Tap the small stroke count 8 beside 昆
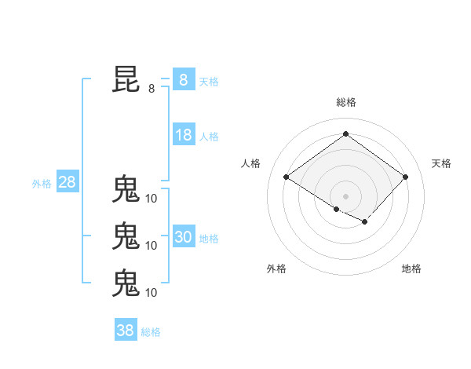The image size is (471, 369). tap(152, 89)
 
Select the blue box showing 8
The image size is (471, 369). tap(183, 80)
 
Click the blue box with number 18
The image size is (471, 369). tap(183, 135)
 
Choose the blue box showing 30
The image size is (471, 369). tap(183, 237)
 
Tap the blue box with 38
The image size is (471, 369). tap(125, 331)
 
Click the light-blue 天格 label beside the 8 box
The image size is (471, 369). tap(209, 81)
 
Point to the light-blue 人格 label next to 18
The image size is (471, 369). tap(209, 137)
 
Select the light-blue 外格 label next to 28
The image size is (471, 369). tap(42, 184)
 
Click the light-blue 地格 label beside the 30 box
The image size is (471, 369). tap(209, 239)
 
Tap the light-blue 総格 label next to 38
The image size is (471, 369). tap(151, 332)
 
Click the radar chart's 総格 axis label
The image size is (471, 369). tap(345, 102)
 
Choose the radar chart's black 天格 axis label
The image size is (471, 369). tap(441, 163)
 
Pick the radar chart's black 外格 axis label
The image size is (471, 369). tap(276, 269)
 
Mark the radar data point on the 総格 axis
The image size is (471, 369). tap(345, 134)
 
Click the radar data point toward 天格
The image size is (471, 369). tap(405, 177)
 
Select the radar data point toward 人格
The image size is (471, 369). tap(287, 177)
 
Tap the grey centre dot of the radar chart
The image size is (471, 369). tap(345, 195)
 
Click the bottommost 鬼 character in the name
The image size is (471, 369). tap(126, 283)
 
